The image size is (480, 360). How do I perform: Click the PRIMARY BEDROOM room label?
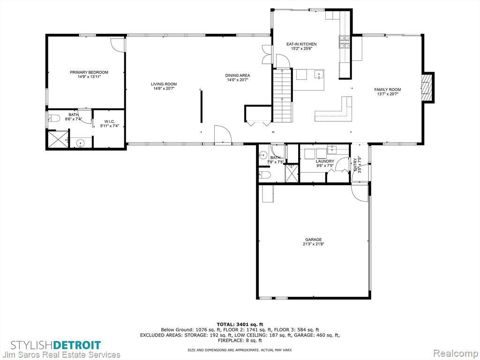pos(89,72)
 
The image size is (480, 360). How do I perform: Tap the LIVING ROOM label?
pos(164,84)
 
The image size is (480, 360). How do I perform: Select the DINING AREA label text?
pos(238,75)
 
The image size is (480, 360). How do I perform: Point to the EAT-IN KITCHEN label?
pos(301,44)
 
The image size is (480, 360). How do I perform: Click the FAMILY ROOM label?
pos(388,90)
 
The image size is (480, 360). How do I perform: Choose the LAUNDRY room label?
pos(325,161)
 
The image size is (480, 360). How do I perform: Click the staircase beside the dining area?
pos(283,95)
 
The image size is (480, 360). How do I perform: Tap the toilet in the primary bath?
pos(53,118)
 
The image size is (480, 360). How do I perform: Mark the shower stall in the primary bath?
pos(57,139)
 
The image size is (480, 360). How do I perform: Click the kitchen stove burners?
pos(344,42)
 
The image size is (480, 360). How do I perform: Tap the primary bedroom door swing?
pos(118,45)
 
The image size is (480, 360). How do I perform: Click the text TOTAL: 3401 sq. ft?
pos(240,324)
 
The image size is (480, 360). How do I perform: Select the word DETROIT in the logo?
pos(77,345)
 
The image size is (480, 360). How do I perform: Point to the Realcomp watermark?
pos(456,353)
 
